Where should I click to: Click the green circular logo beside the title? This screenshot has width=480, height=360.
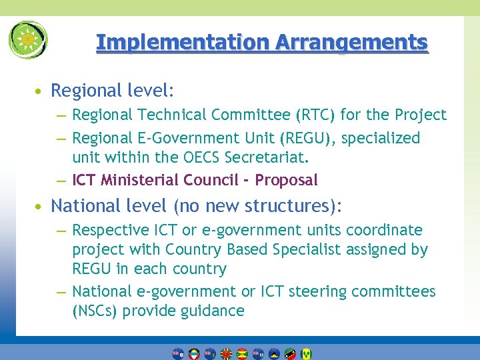[28, 40]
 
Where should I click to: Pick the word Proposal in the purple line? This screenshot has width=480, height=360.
[287, 180]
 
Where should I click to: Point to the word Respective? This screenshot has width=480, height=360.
[109, 230]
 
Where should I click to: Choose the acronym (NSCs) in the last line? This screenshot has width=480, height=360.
[93, 311]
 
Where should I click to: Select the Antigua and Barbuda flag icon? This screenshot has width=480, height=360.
[193, 353]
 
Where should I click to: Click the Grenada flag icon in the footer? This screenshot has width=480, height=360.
[242, 353]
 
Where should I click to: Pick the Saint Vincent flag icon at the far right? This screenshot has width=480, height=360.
[306, 353]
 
